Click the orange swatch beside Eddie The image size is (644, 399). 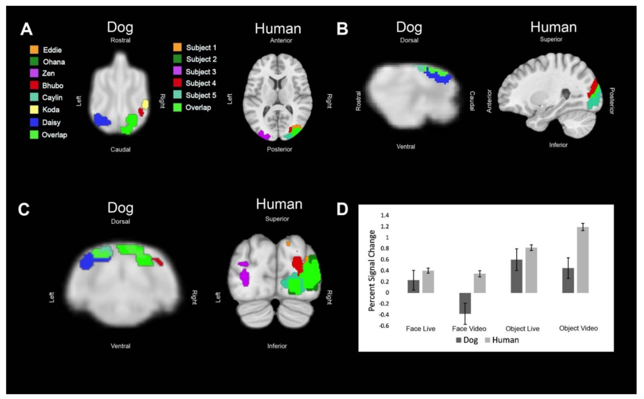pyautogui.click(x=34, y=49)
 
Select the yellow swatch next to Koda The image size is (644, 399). pyautogui.click(x=34, y=110)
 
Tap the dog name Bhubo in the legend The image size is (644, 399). pyautogui.click(x=53, y=86)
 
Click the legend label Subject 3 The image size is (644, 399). pyautogui.click(x=201, y=72)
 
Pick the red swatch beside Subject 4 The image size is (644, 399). pyautogui.click(x=177, y=83)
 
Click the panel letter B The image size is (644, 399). pyautogui.click(x=342, y=29)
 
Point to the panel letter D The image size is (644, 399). pyautogui.click(x=342, y=209)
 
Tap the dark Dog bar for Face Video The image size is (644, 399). pyautogui.click(x=465, y=303)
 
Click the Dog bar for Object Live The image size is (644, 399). pyautogui.click(x=516, y=276)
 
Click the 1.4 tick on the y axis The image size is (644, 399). pyautogui.click(x=384, y=215)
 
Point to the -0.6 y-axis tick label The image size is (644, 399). pyautogui.click(x=384, y=326)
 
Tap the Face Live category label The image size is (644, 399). pyautogui.click(x=420, y=329)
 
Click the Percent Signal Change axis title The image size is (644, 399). pyautogui.click(x=371, y=270)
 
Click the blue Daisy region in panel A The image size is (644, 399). pyautogui.click(x=101, y=120)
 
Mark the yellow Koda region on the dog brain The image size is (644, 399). pyautogui.click(x=145, y=104)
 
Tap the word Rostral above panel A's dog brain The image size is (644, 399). pyautogui.click(x=120, y=40)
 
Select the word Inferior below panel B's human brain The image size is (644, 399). pyautogui.click(x=558, y=145)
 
